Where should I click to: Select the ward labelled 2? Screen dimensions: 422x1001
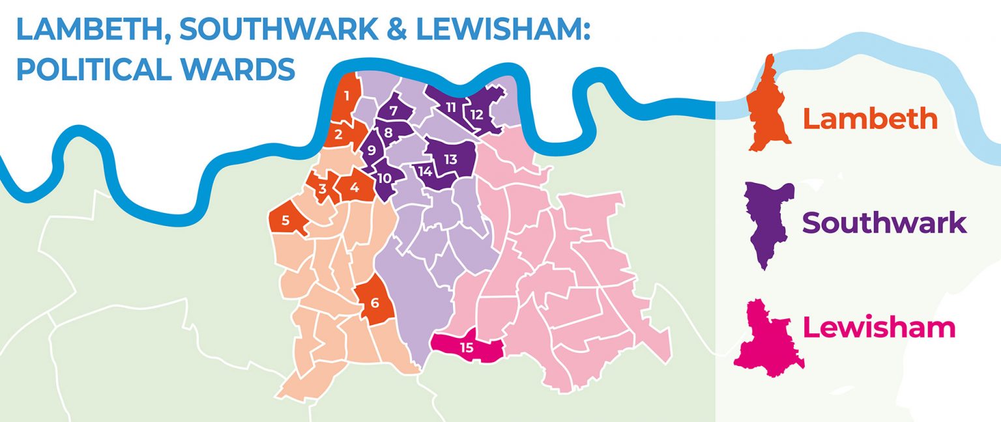click(339, 135)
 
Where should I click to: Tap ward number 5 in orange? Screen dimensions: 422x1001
click(285, 220)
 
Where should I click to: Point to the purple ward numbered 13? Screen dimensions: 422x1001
click(450, 159)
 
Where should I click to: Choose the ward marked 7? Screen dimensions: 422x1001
click(394, 110)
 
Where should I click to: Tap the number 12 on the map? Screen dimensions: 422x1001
click(477, 115)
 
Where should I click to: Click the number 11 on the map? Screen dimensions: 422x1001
click(451, 106)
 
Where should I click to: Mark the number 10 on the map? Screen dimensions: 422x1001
click(384, 177)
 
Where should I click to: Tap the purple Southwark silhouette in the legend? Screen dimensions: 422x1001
click(770, 221)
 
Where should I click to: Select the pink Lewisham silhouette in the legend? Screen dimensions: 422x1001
click(770, 339)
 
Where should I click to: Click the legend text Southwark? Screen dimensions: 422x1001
click(884, 223)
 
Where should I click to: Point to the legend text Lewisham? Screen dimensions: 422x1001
click(878, 327)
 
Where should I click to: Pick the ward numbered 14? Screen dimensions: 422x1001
click(425, 172)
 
